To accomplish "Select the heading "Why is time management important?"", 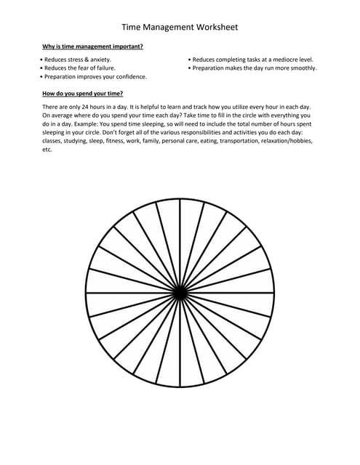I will tap(92, 47).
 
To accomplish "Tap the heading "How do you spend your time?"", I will tap(82, 94).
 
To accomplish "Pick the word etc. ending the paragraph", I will tap(48, 150).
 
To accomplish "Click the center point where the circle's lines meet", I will tap(180, 292).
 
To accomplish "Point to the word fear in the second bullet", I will tap(93, 68).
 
